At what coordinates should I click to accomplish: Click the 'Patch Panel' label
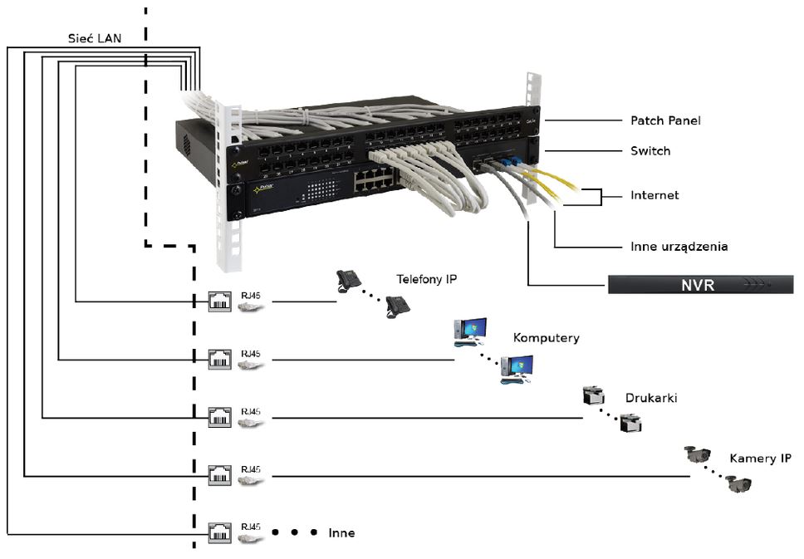(x=664, y=120)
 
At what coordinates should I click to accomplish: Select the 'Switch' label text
(x=650, y=151)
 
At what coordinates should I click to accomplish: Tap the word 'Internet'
(x=654, y=195)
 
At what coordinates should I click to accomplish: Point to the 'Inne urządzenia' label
(x=679, y=247)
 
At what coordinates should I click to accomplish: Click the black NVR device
(x=700, y=285)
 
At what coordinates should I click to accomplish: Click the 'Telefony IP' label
(x=426, y=280)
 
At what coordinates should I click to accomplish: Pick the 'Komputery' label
(x=546, y=338)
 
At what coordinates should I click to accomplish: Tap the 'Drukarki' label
(x=652, y=398)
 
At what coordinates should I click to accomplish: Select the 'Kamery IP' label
(x=760, y=458)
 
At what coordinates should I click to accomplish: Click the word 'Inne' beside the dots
(x=341, y=532)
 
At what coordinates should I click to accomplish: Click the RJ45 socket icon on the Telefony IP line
(x=219, y=301)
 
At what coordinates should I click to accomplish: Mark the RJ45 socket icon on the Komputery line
(x=219, y=359)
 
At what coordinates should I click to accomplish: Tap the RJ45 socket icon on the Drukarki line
(x=219, y=417)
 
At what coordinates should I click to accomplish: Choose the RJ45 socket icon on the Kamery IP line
(x=219, y=475)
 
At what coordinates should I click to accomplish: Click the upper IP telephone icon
(x=349, y=280)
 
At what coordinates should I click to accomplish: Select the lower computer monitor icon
(x=517, y=369)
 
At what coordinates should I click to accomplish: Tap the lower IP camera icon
(x=738, y=483)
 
